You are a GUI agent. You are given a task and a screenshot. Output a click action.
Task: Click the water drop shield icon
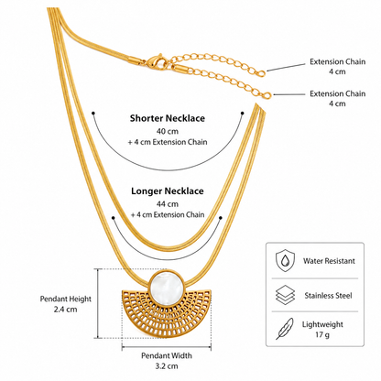pyautogui.click(x=286, y=260)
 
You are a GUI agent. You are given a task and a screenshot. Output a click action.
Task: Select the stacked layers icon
pyautogui.click(x=286, y=295)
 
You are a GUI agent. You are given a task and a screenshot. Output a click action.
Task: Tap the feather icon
pyautogui.click(x=285, y=329)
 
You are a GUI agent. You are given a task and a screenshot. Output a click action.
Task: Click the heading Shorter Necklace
pyautogui.click(x=168, y=118)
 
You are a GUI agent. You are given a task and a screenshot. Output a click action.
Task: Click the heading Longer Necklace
pyautogui.click(x=168, y=191)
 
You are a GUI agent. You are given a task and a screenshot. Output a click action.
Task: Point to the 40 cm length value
pyautogui.click(x=168, y=131)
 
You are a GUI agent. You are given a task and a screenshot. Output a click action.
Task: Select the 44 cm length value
pyautogui.click(x=168, y=204)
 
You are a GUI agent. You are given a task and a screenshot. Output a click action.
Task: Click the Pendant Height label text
pyautogui.click(x=66, y=299)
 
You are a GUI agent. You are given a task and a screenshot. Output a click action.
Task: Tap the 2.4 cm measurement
pyautogui.click(x=66, y=310)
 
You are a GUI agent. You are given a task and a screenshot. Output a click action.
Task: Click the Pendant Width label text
pyautogui.click(x=167, y=355)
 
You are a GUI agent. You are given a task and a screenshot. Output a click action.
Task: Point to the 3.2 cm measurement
pyautogui.click(x=167, y=366)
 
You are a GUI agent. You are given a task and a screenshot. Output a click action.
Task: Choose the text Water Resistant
pyautogui.click(x=329, y=261)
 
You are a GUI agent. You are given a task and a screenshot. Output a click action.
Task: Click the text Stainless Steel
pyautogui.click(x=328, y=296)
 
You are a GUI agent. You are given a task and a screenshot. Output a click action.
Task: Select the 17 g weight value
pyautogui.click(x=322, y=335)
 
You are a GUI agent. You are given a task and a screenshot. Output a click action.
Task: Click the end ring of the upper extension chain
pyautogui.click(x=262, y=73)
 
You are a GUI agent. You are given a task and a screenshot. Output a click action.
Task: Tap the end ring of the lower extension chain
pyautogui.click(x=267, y=95)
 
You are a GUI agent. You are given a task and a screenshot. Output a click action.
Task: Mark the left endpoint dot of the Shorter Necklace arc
pyautogui.click(x=93, y=113)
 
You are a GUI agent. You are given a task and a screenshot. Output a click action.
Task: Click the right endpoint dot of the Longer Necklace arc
pyautogui.click(x=221, y=218)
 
